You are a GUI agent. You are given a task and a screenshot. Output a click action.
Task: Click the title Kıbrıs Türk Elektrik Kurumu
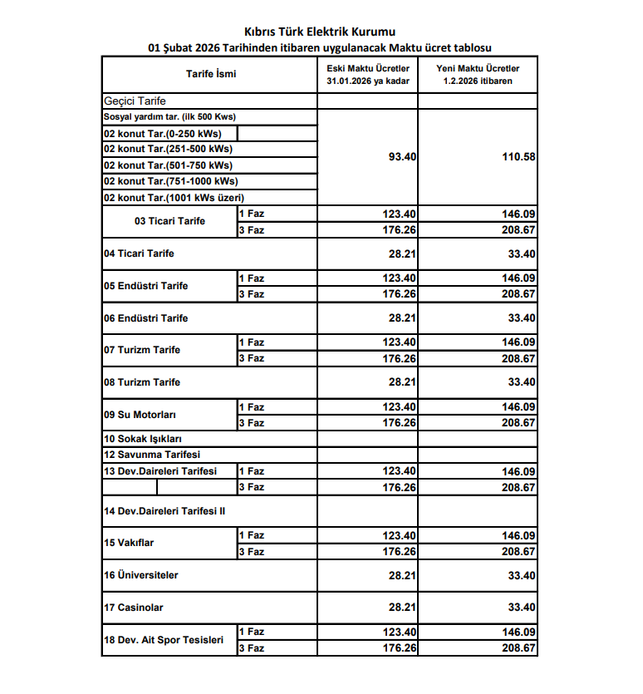(x=321, y=32)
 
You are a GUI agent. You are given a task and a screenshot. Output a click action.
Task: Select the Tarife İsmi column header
(x=211, y=74)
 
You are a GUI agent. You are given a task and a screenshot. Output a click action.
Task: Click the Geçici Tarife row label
(x=135, y=101)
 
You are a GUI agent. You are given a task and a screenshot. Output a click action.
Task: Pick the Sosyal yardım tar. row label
(x=169, y=117)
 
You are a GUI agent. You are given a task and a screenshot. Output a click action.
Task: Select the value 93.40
(x=402, y=157)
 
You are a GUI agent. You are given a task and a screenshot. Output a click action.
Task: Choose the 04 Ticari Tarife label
(x=139, y=253)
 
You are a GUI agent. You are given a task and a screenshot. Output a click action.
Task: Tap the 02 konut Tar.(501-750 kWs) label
(x=168, y=165)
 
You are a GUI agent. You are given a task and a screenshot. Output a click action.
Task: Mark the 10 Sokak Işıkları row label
(x=143, y=439)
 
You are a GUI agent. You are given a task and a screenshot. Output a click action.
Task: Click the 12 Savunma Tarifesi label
(x=152, y=455)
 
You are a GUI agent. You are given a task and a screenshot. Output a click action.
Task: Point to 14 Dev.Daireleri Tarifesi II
(x=164, y=511)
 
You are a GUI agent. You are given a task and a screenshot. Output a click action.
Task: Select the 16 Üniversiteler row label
(x=141, y=575)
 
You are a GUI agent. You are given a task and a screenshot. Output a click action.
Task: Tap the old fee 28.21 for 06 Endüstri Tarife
(x=402, y=318)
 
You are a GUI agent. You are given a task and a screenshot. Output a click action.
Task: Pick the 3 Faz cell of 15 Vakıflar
(x=251, y=552)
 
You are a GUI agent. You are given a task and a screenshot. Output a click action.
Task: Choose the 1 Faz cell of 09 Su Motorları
(x=251, y=407)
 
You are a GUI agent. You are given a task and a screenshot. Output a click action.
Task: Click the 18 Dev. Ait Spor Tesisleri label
(x=164, y=640)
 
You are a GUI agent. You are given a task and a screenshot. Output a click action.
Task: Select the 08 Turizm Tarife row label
(x=142, y=382)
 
